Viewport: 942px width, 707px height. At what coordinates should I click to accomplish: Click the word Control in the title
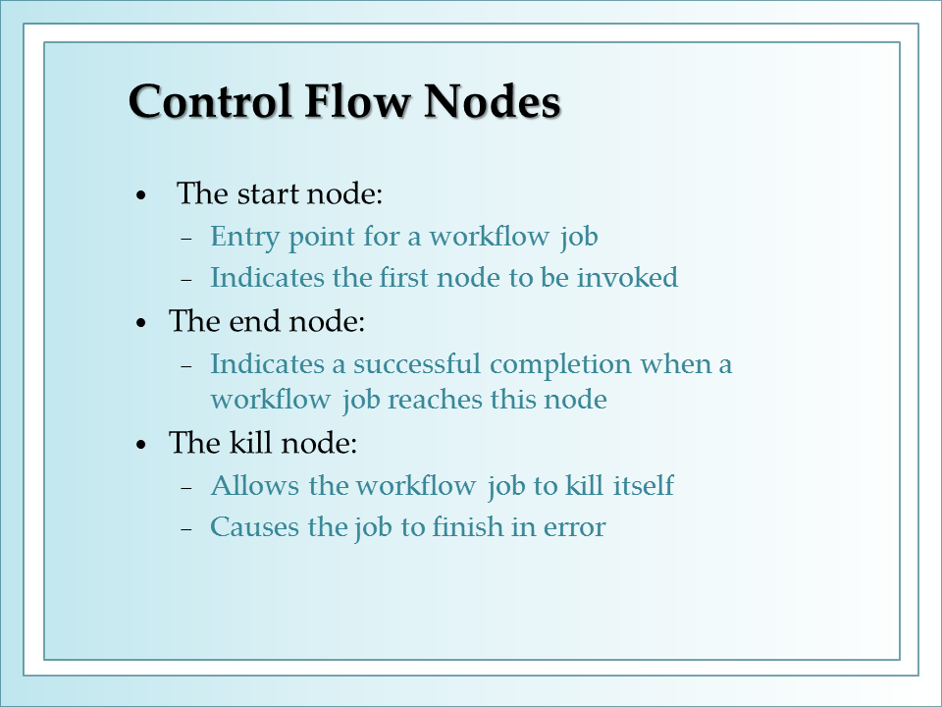click(x=210, y=101)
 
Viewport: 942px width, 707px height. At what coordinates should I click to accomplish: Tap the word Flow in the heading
click(x=357, y=101)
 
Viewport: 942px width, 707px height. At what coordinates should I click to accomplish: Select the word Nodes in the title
click(x=492, y=101)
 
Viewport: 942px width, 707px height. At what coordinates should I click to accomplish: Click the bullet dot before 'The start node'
click(x=141, y=195)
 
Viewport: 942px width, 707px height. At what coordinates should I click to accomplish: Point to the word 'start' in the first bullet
click(x=269, y=193)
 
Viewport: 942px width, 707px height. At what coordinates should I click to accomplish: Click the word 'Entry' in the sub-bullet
click(x=244, y=237)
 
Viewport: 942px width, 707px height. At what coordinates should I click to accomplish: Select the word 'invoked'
click(x=627, y=278)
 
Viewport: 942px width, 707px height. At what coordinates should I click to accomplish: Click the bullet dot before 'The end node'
click(x=141, y=323)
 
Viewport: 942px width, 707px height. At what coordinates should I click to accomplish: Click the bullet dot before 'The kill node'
click(x=141, y=446)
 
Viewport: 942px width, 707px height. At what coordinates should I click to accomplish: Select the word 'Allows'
click(x=255, y=486)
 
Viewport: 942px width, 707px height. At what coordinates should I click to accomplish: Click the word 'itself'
click(x=644, y=486)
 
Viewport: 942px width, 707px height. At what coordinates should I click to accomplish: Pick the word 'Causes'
click(x=254, y=527)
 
